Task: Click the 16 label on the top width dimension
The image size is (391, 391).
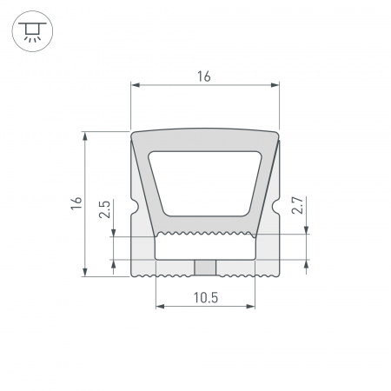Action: [x=204, y=76]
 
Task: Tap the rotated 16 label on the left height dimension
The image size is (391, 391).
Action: [x=76, y=204]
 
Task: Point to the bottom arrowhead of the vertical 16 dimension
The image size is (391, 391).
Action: [x=85, y=274]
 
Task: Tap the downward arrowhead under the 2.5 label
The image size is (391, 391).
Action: [x=114, y=231]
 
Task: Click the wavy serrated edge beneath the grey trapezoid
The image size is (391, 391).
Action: [x=205, y=235]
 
